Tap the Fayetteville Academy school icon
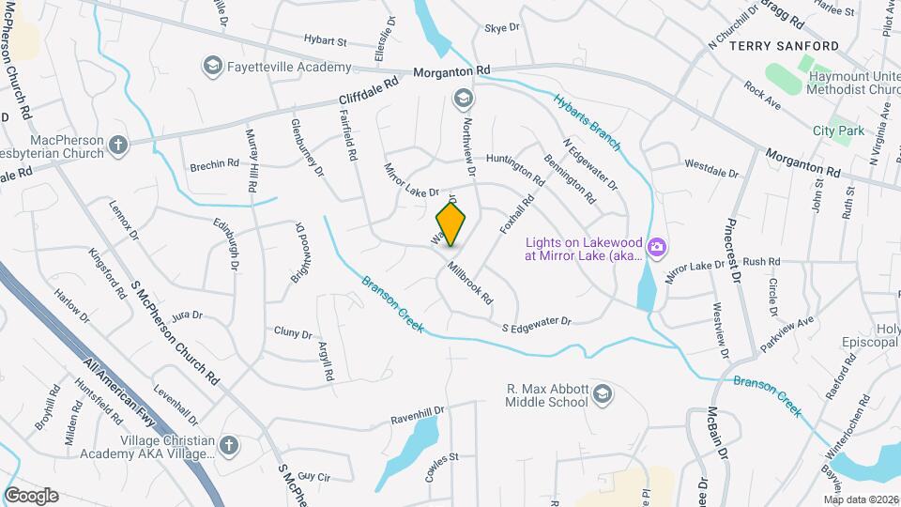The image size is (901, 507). (x=211, y=66)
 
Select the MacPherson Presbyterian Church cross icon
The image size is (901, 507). (x=117, y=145)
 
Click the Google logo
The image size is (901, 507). (x=31, y=495)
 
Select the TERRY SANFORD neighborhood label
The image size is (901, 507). (x=784, y=45)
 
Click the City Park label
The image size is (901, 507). (x=838, y=131)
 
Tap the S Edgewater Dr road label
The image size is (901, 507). (x=537, y=323)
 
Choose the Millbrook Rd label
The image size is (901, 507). (x=470, y=283)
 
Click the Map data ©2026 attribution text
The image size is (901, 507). (x=861, y=499)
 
